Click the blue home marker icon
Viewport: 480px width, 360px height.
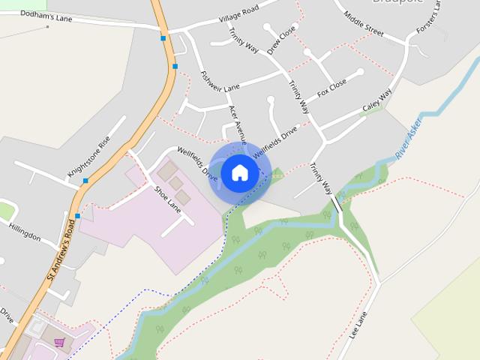coord(240,172)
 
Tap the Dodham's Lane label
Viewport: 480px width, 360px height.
coord(46,16)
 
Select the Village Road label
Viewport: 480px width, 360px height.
coord(238,13)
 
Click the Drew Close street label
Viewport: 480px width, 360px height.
coord(281,43)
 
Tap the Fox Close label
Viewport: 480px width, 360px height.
coord(331,88)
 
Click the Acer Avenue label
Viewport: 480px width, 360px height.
coord(238,124)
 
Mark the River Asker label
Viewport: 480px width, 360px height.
coord(409,137)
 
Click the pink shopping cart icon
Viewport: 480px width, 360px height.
coord(59,342)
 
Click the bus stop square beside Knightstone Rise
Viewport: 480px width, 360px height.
coord(86,181)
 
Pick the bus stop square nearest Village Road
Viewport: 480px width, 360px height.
coord(163,37)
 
